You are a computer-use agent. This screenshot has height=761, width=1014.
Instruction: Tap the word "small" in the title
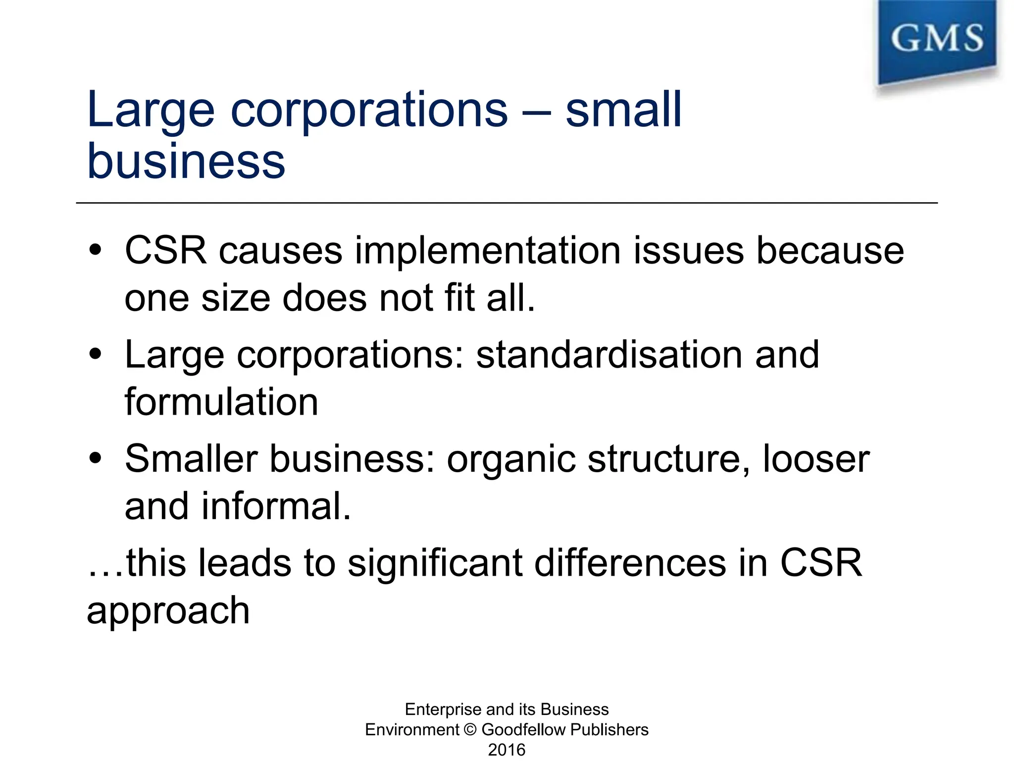623,110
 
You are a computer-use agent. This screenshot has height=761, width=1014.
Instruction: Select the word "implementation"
488,251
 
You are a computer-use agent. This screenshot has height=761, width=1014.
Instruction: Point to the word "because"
830,251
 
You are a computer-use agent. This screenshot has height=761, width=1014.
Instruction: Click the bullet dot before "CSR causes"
96,250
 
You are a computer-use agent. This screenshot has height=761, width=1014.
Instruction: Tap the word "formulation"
221,402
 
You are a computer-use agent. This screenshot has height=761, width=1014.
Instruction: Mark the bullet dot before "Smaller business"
96,459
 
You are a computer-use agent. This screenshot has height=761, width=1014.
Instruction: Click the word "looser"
816,459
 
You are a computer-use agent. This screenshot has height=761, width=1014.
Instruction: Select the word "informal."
276,506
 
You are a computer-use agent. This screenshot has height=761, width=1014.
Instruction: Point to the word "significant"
435,564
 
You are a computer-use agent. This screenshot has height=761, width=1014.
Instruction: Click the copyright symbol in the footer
471,730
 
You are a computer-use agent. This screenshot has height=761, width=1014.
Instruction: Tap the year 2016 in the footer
507,750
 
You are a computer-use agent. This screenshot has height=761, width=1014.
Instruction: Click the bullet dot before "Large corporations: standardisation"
96,355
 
